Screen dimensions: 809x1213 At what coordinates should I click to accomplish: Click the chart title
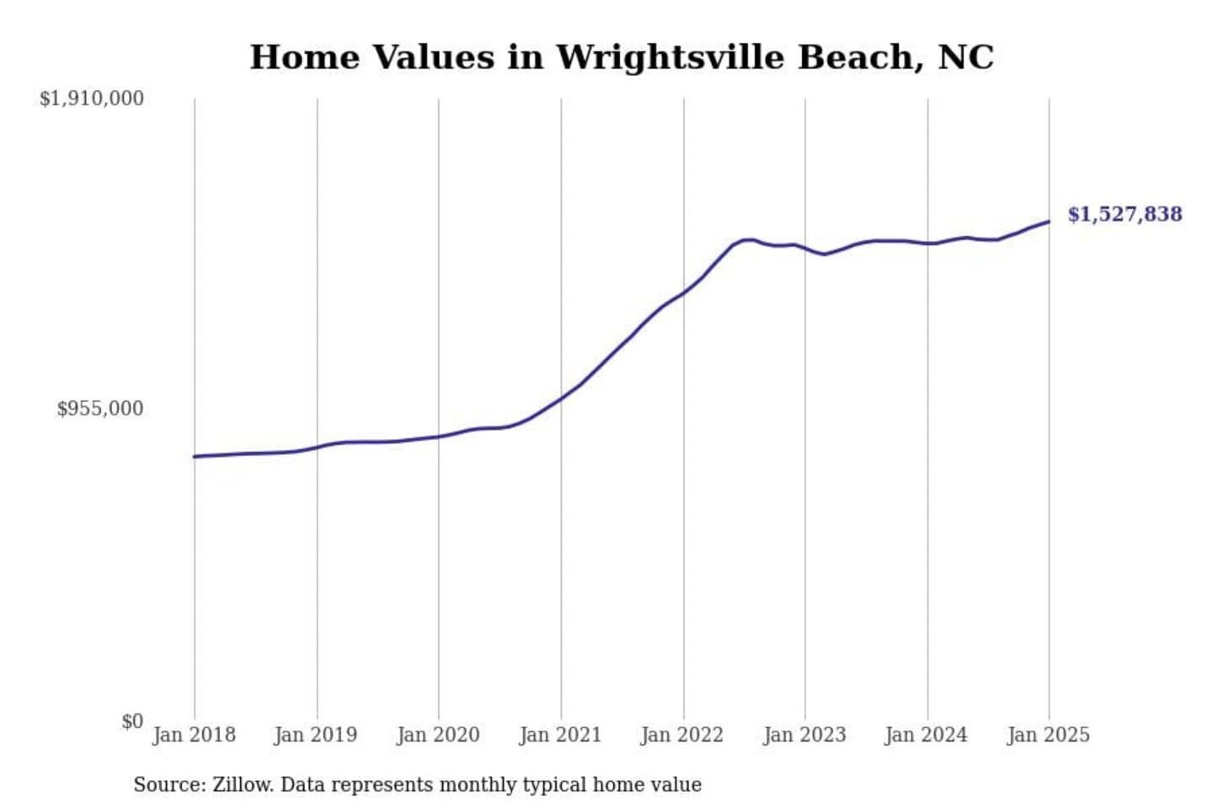tap(622, 57)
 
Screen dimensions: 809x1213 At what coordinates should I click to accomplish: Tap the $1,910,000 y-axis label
tap(91, 99)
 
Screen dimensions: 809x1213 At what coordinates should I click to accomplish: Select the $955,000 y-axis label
tap(99, 409)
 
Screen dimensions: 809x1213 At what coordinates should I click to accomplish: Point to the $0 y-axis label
tap(131, 721)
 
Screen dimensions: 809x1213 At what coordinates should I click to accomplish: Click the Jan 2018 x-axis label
tap(194, 735)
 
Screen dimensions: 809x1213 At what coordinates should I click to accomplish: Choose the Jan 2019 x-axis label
tap(315, 735)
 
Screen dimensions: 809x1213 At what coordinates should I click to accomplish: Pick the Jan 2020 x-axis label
tap(438, 735)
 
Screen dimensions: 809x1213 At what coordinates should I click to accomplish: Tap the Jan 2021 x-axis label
tap(560, 735)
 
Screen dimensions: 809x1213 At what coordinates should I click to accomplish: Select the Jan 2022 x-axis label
tap(681, 735)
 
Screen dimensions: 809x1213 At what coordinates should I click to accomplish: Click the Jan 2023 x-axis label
tap(804, 735)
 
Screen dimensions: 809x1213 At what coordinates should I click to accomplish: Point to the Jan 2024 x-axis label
tap(926, 735)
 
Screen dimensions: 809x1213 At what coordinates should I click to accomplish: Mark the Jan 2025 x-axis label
tap(1048, 735)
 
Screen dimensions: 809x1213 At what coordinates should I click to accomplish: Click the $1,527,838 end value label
tap(1125, 214)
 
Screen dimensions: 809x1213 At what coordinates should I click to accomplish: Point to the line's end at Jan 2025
tap(1049, 222)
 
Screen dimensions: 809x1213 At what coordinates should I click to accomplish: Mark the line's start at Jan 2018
tap(195, 456)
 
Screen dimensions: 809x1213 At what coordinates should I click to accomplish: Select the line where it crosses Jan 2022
tap(684, 292)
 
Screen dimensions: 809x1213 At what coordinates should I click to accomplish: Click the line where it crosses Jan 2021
tap(561, 398)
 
